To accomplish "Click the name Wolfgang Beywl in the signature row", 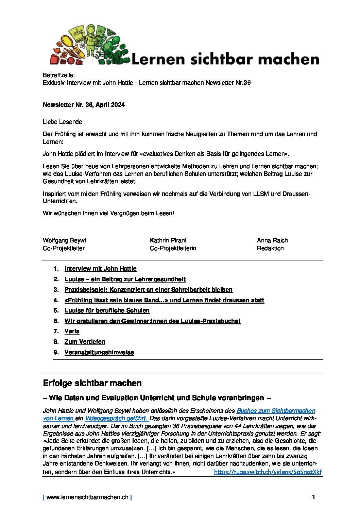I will [x=64, y=240].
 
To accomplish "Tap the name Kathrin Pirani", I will [x=168, y=240].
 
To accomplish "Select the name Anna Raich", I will [x=272, y=240].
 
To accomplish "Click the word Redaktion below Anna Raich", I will [x=270, y=248].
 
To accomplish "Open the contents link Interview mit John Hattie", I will [x=100, y=269].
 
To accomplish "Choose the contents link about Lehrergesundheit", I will [x=125, y=279].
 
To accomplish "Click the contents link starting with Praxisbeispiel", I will [x=148, y=290].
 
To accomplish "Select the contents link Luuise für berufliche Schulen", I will [x=107, y=310].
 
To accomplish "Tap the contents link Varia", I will [x=72, y=331].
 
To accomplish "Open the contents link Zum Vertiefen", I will [x=85, y=342].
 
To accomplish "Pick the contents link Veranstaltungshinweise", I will [x=99, y=352].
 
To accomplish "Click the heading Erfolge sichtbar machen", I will [x=92, y=383].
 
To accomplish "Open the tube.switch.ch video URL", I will [x=268, y=472].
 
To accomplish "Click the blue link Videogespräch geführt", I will [x=116, y=418].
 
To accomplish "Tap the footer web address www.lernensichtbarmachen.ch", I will [x=87, y=497].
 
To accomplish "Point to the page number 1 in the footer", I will [x=313, y=497].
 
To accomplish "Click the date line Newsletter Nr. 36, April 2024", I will [x=84, y=105].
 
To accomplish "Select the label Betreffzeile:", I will [x=59, y=75].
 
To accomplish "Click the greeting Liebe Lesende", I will [x=63, y=122].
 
